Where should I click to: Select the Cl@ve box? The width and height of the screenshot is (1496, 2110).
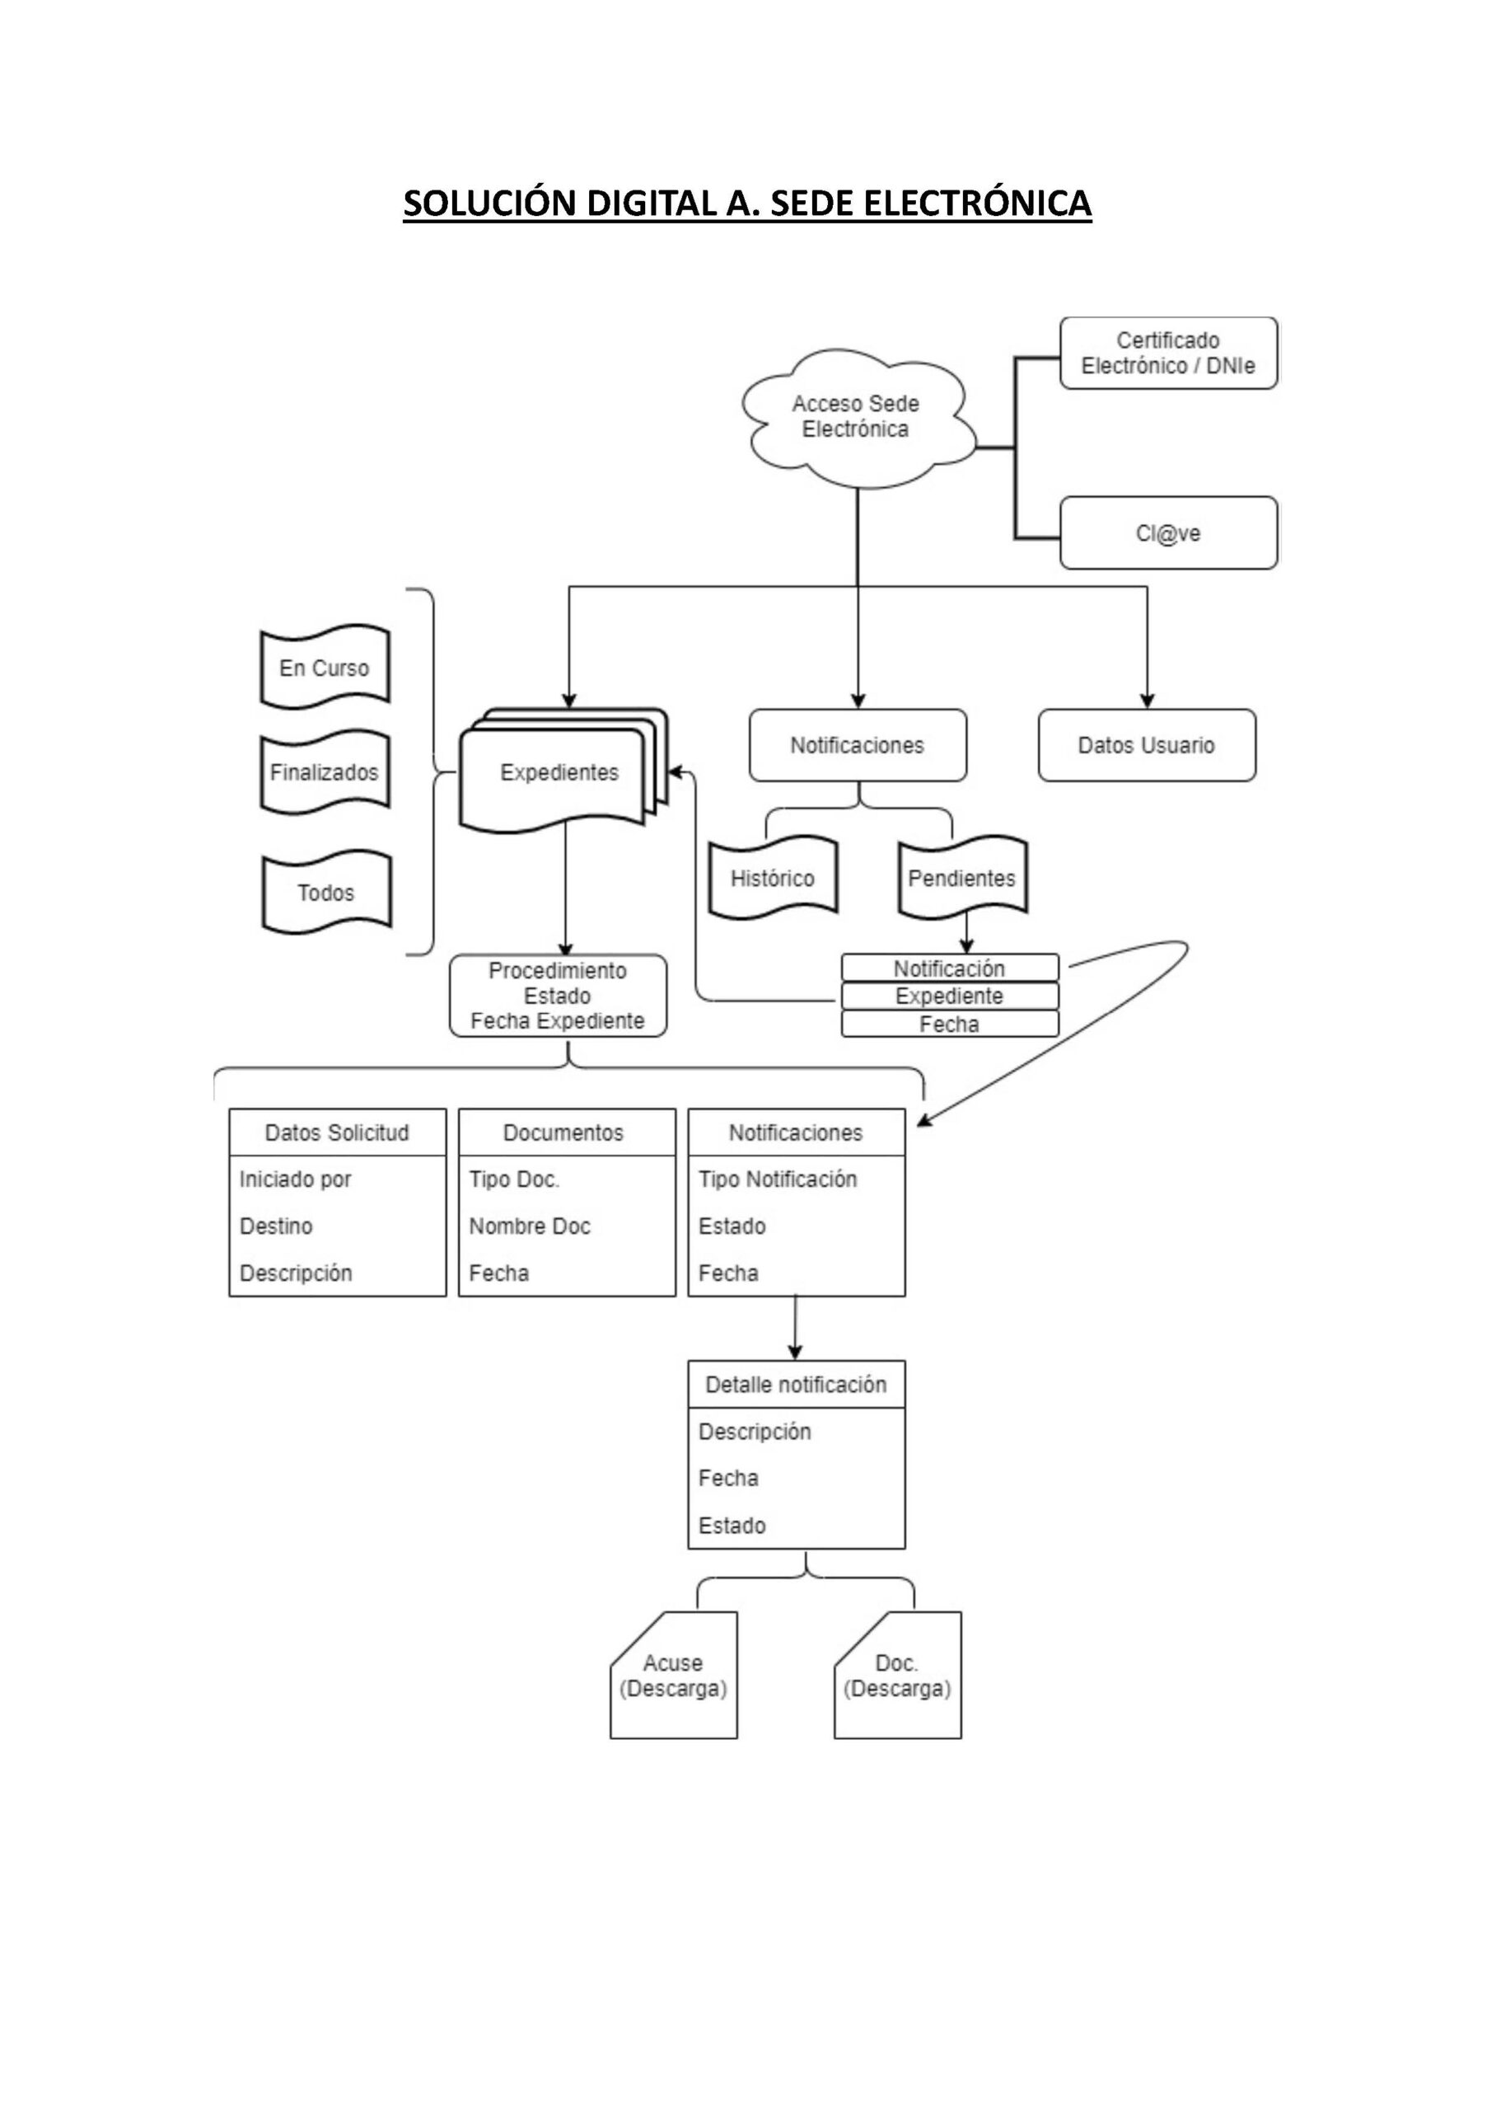tap(1168, 533)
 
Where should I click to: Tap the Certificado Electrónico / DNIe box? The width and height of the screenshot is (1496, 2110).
tap(1168, 353)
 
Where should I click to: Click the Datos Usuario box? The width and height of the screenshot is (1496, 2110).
tap(1146, 745)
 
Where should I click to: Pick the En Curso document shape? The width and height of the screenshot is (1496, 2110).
tap(325, 668)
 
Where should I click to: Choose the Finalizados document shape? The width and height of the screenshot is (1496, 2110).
tap(325, 772)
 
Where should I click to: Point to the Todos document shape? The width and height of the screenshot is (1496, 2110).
tap(326, 892)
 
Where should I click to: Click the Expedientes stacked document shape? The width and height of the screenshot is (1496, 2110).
tap(559, 772)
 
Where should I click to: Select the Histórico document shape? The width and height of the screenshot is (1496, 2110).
tap(772, 878)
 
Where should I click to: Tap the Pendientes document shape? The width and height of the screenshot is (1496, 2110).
tap(961, 878)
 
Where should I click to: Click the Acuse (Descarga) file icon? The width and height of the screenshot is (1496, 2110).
tap(673, 1676)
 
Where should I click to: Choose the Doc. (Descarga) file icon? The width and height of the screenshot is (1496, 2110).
tap(897, 1676)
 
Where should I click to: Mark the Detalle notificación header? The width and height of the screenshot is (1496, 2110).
tap(796, 1385)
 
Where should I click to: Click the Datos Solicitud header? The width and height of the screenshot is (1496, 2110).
tap(337, 1132)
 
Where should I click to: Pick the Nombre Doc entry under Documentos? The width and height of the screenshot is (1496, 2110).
tap(530, 1226)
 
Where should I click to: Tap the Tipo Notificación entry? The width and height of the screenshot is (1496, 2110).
tap(778, 1179)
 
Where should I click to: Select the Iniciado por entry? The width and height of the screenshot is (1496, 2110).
tap(296, 1179)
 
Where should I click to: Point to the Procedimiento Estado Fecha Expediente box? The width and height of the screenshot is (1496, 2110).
tap(558, 996)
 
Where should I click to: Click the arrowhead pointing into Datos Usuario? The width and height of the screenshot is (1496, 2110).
tap(1147, 701)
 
